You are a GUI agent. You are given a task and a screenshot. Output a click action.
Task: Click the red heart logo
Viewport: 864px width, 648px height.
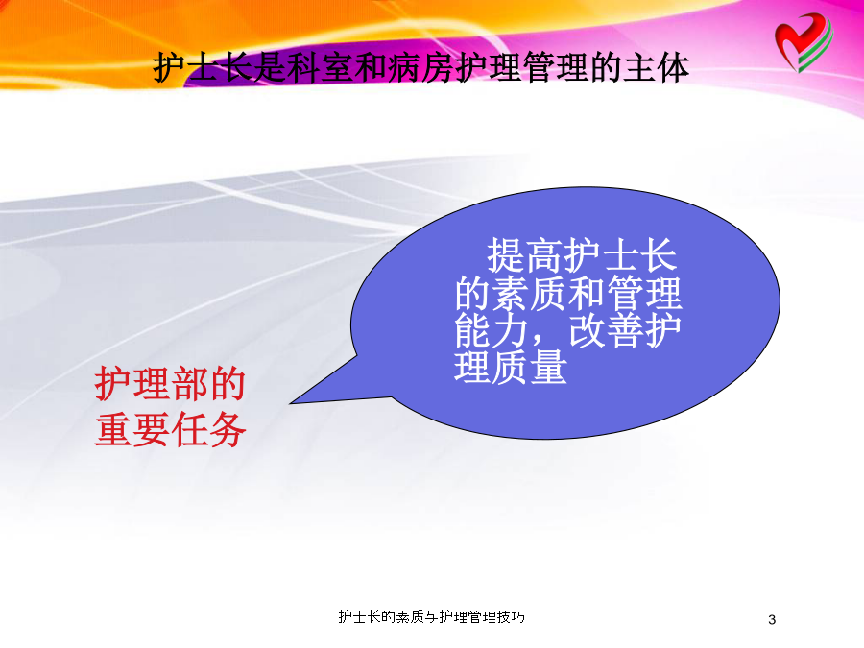pos(804,42)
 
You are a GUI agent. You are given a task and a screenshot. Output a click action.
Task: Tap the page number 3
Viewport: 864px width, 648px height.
pos(772,619)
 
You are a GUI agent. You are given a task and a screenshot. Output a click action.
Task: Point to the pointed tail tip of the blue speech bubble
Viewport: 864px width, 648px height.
pos(291,403)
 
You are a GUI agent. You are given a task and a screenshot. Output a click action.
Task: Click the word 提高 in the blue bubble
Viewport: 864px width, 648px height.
pos(525,255)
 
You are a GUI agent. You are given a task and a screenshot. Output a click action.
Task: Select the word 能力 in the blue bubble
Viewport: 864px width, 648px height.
pos(492,329)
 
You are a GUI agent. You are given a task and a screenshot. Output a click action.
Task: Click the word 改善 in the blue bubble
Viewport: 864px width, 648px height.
pos(606,329)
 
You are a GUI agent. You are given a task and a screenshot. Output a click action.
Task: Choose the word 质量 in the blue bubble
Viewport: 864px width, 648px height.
pos(530,367)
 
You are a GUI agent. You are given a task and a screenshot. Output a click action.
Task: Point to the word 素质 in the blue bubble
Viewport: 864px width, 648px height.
pos(530,293)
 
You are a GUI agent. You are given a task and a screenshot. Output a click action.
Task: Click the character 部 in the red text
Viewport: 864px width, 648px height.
pos(189,383)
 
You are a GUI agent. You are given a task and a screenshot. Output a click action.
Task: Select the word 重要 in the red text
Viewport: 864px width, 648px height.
pos(132,430)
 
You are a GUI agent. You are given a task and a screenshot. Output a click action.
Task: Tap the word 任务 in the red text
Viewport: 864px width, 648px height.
pos(208,430)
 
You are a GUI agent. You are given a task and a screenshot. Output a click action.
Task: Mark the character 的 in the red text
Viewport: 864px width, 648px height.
pos(227,383)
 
